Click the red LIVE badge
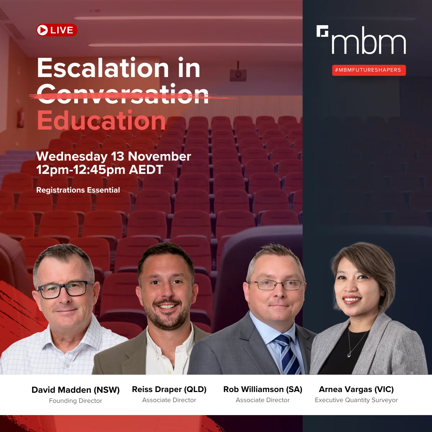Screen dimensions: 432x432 click(57, 30)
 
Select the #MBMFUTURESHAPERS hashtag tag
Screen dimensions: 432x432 click(369, 70)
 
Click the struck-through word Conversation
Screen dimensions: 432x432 click(123, 94)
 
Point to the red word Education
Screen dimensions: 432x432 click(101, 121)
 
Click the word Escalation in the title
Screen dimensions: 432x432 click(103, 68)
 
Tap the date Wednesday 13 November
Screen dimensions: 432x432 click(113, 156)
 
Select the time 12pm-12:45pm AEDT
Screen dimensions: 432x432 click(100, 170)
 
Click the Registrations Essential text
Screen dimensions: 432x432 click(78, 190)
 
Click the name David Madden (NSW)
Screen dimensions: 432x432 click(76, 390)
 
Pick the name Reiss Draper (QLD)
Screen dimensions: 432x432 click(169, 390)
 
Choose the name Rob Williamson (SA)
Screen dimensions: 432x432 click(263, 390)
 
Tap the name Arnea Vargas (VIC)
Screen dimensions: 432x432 click(356, 390)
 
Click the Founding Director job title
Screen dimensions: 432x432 click(76, 401)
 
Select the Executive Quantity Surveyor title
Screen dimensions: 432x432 click(356, 400)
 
